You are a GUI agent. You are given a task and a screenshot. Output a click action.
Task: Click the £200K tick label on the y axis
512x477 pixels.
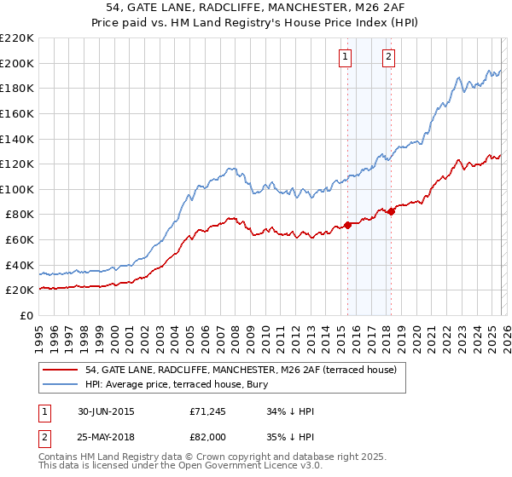pyautogui.click(x=17, y=63)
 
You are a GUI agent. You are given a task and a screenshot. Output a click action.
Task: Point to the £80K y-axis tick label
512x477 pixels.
pyautogui.click(x=20, y=215)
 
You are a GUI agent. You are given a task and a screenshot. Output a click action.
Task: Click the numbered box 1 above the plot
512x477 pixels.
pyautogui.click(x=346, y=57)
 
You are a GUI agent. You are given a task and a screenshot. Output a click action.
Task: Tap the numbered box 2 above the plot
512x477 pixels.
pyautogui.click(x=389, y=57)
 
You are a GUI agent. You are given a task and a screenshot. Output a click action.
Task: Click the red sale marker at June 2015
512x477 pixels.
pyautogui.click(x=348, y=226)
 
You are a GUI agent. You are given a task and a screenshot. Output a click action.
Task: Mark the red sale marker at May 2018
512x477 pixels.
pyautogui.click(x=392, y=211)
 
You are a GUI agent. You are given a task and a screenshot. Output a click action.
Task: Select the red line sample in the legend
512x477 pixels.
pyautogui.click(x=61, y=371)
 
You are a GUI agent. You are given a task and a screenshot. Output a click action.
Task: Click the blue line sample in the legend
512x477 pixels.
pyautogui.click(x=61, y=384)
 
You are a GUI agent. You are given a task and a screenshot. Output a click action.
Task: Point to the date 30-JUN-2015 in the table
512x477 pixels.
pyautogui.click(x=105, y=411)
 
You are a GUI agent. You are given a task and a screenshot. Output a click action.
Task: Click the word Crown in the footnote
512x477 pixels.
pyautogui.click(x=219, y=457)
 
